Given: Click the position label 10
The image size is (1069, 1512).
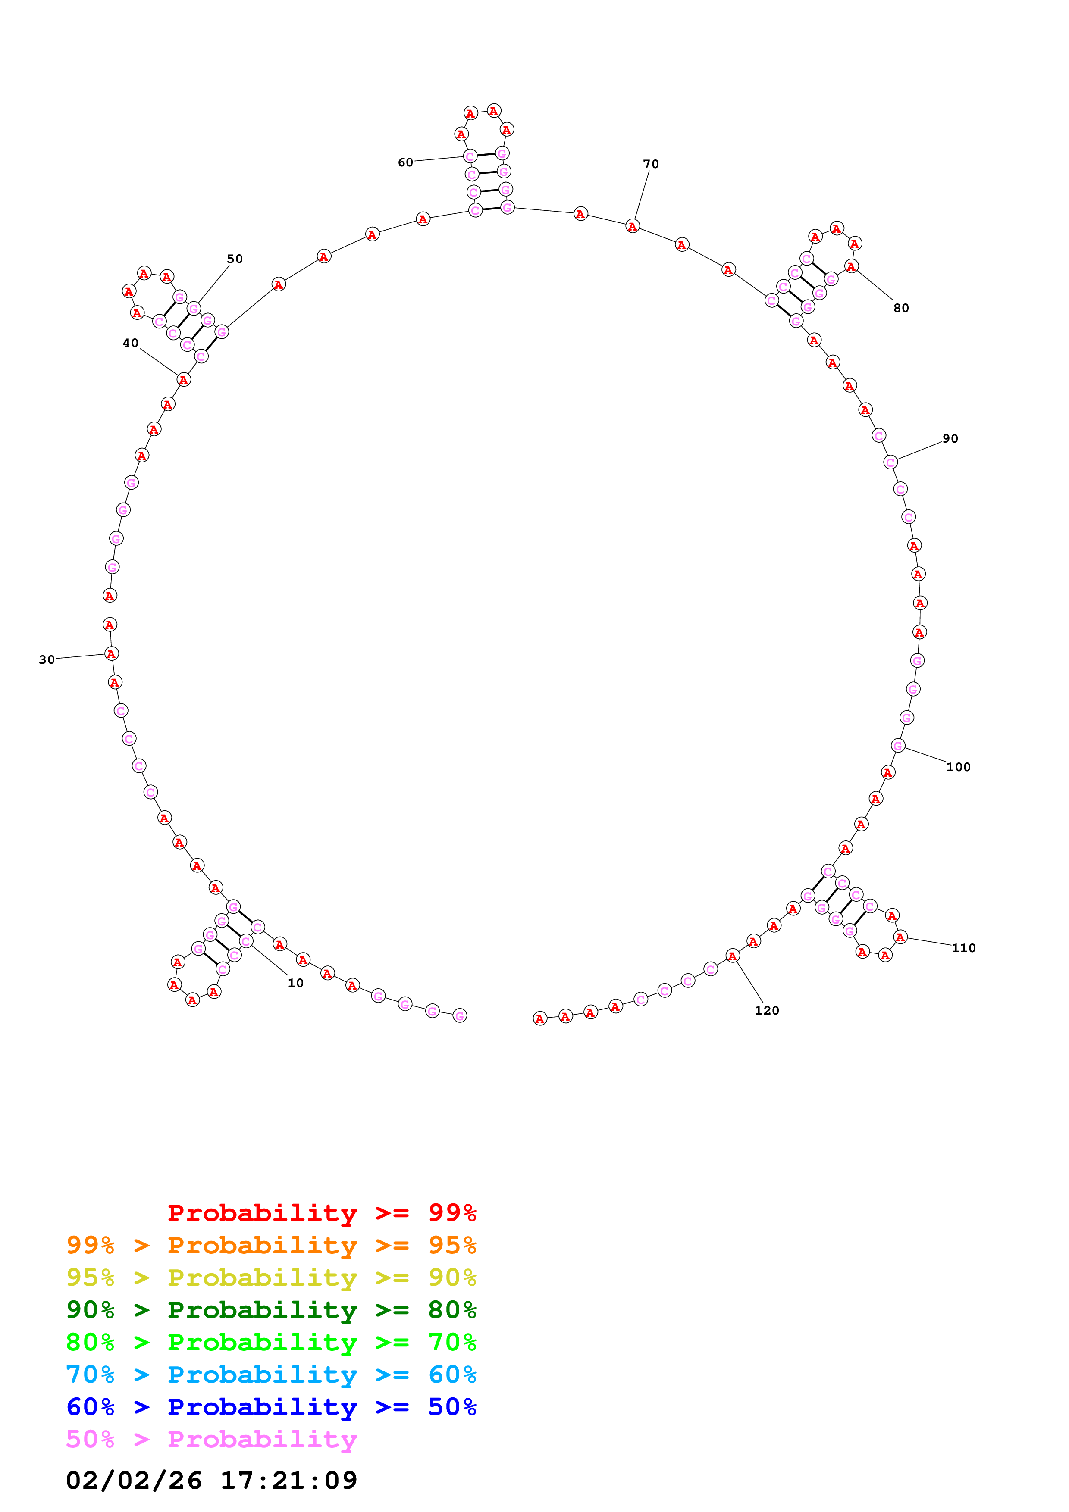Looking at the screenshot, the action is tap(295, 983).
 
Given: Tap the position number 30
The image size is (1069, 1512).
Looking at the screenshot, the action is tap(47, 659).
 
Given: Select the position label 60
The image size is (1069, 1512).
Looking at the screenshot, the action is tap(405, 162).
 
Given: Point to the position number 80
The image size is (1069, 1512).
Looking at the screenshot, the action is tap(900, 308).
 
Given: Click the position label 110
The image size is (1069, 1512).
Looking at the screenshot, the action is tap(963, 948).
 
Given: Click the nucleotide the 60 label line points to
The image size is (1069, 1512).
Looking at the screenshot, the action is tap(470, 156).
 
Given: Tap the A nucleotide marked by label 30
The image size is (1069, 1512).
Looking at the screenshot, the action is tap(111, 653).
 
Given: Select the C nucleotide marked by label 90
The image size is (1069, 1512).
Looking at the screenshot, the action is tap(890, 462).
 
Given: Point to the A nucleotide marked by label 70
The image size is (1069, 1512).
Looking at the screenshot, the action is tap(632, 226).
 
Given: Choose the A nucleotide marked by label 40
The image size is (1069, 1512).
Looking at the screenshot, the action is tap(184, 379).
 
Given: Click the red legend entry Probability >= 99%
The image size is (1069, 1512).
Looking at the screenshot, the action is tap(321, 1212).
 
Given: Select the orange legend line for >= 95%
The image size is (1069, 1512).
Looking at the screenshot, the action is tap(271, 1245).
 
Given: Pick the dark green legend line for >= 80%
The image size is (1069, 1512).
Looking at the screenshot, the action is tap(271, 1309).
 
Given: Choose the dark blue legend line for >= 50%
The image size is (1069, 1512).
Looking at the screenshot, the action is tap(271, 1407).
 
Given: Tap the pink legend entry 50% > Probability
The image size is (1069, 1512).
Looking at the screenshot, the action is tap(211, 1439).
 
